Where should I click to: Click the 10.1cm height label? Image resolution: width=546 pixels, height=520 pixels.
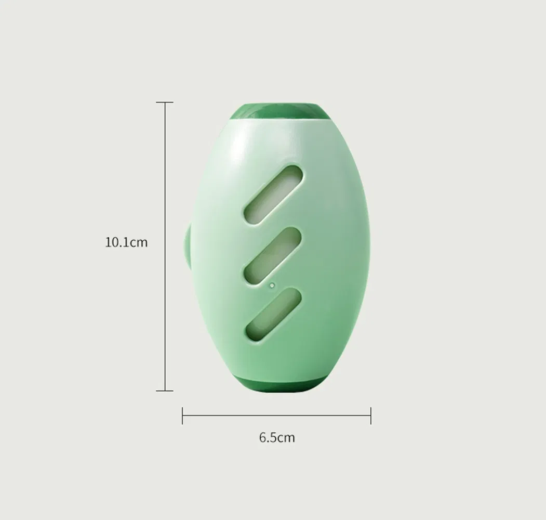pyautogui.click(x=126, y=242)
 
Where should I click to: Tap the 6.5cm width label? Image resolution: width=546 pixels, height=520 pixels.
pyautogui.click(x=277, y=437)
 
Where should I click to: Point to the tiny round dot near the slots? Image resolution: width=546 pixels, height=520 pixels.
pyautogui.click(x=272, y=285)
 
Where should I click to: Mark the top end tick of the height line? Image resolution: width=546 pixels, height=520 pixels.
pyautogui.click(x=165, y=102)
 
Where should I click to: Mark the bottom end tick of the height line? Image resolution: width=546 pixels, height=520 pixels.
pyautogui.click(x=165, y=390)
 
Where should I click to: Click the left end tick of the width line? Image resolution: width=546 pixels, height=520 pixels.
pyautogui.click(x=182, y=415)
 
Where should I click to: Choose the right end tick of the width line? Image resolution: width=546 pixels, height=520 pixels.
pyautogui.click(x=370, y=415)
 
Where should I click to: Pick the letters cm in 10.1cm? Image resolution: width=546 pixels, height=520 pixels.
pyautogui.click(x=138, y=242)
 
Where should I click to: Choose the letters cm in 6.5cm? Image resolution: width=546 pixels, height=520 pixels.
pyautogui.click(x=286, y=437)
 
